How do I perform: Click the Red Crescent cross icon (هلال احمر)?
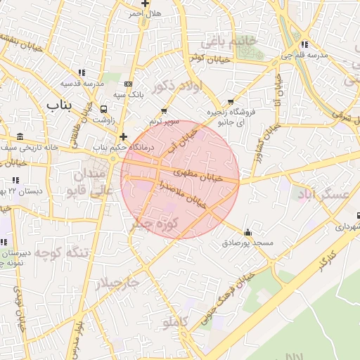pos(145,4)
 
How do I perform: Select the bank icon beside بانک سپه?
pos(127,84)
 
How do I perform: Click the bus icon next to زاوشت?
pos(105,110)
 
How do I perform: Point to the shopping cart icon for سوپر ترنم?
pos(164,110)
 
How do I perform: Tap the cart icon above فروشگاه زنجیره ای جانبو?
pos(231,102)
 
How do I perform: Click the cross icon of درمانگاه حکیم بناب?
pos(123,136)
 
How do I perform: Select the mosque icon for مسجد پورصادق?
pos(247,232)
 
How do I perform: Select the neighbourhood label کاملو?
pos(176,322)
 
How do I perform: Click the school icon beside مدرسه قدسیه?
pos(82,72)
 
